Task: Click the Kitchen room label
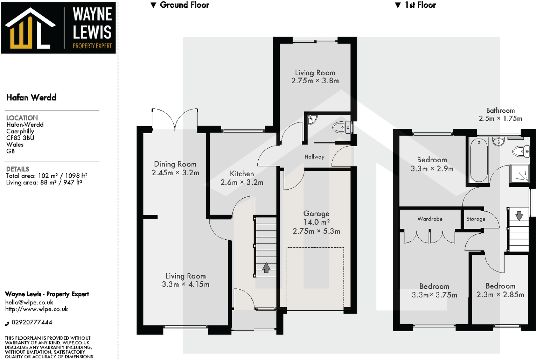pyautogui.click(x=242, y=174)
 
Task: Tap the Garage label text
pyautogui.click(x=316, y=213)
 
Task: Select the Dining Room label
pyautogui.click(x=175, y=164)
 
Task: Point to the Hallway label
pyautogui.click(x=314, y=157)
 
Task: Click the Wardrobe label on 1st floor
pyautogui.click(x=430, y=219)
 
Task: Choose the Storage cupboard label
pyautogui.click(x=476, y=219)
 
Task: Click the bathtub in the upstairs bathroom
pyautogui.click(x=479, y=160)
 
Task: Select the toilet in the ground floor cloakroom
pyautogui.click(x=342, y=127)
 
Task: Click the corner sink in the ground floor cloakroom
pyautogui.click(x=311, y=120)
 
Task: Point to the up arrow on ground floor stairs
pyautogui.click(x=266, y=268)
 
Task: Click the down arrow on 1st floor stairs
pyautogui.click(x=519, y=215)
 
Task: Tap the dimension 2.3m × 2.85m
pyautogui.click(x=500, y=295)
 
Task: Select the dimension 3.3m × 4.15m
pyautogui.click(x=186, y=284)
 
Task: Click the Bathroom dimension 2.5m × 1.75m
pyautogui.click(x=500, y=119)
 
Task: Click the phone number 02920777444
pyautogui.click(x=32, y=322)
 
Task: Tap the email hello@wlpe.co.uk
pyautogui.click(x=29, y=302)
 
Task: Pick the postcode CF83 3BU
pyautogui.click(x=20, y=138)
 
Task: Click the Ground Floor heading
pyautogui.click(x=184, y=5)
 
